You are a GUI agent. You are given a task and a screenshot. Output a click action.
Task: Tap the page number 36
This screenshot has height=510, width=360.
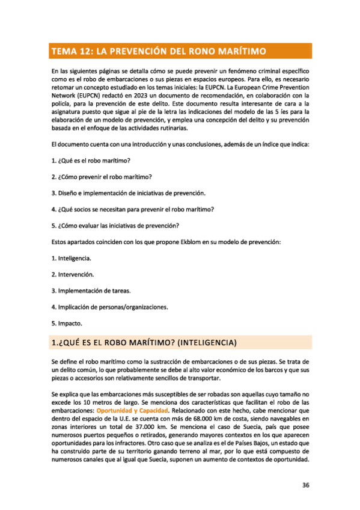tap(306, 487)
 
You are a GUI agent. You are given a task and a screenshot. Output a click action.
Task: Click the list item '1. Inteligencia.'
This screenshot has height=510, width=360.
tap(72, 258)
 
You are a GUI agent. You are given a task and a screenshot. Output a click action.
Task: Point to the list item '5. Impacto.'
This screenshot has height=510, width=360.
tap(66, 323)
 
